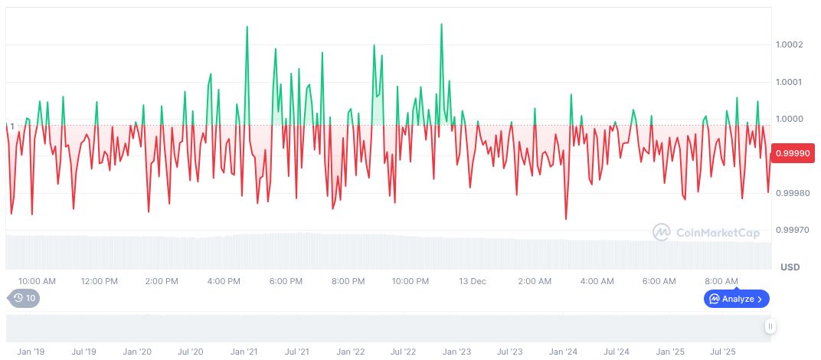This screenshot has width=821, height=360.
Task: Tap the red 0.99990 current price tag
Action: [794, 153]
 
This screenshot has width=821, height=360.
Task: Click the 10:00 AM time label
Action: [37, 281]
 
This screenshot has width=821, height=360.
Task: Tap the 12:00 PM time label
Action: [100, 281]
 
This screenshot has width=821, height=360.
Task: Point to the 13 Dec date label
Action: [473, 281]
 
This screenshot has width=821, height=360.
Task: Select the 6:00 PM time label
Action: [286, 281]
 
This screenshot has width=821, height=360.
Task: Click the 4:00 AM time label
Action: [597, 281]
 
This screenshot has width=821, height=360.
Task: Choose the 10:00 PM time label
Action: [410, 281]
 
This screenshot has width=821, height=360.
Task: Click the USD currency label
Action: [790, 267]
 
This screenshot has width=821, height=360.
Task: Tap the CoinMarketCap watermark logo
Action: [705, 231]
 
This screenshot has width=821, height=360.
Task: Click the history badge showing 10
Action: [24, 298]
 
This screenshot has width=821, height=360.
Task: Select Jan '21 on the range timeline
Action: [244, 352]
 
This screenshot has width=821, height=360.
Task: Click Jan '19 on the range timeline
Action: [31, 352]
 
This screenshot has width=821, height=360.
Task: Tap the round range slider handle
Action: [770, 326]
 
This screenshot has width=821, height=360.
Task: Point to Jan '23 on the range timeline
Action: [456, 352]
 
